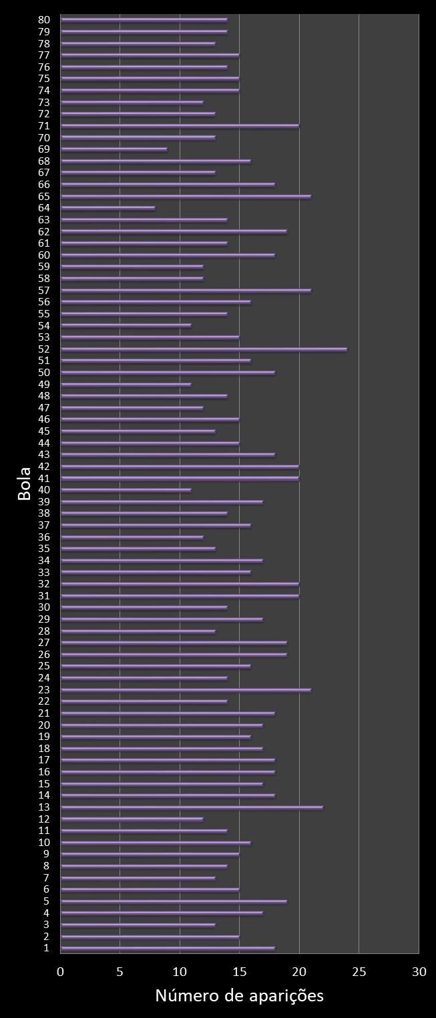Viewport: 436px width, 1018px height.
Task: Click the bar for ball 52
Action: coord(204,349)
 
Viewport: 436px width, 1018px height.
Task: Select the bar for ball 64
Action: coord(107,208)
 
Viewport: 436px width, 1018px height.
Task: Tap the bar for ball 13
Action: coord(192,807)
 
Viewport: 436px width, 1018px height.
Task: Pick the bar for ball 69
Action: coord(114,149)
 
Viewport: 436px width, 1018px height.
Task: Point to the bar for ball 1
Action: coord(168,948)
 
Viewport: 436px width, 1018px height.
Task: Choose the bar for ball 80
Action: coord(144,20)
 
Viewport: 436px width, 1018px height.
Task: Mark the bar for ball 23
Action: coord(186,690)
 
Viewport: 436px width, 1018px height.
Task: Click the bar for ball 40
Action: coord(126,490)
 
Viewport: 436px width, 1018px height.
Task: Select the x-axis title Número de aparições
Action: coord(239,995)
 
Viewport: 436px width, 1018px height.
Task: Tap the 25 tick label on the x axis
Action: coord(359,971)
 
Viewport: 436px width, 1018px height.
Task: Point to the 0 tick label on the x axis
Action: coord(61,971)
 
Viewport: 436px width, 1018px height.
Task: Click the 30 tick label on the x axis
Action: coord(419,971)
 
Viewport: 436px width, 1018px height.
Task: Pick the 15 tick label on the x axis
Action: coord(240,971)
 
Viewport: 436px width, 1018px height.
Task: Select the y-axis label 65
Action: coord(44,196)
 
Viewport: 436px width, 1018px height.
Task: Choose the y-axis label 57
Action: coord(44,290)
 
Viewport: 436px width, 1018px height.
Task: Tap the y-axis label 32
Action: coord(44,583)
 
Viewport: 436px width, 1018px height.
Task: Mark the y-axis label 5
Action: coord(46,901)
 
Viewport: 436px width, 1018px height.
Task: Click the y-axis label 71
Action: coord(44,126)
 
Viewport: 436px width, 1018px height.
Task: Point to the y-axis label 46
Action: coord(44,419)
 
